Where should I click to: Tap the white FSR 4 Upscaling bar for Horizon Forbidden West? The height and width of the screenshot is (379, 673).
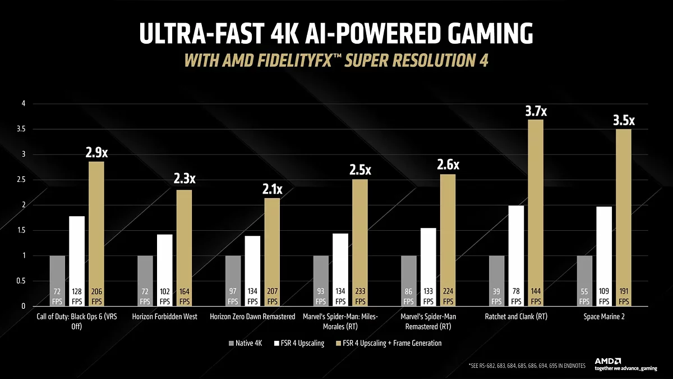(x=165, y=270)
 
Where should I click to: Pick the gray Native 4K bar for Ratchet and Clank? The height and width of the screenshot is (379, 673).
(x=497, y=281)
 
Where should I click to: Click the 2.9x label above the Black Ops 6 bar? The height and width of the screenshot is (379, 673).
(x=96, y=153)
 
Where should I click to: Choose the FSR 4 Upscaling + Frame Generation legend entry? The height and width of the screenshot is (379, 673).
(x=386, y=343)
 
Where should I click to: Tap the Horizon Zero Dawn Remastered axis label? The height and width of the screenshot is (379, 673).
(x=252, y=317)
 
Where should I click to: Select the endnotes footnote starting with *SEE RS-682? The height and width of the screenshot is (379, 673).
(x=527, y=366)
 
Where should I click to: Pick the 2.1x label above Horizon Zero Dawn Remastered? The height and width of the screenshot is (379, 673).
(x=272, y=190)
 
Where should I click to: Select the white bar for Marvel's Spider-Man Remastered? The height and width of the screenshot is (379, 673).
(x=428, y=267)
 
